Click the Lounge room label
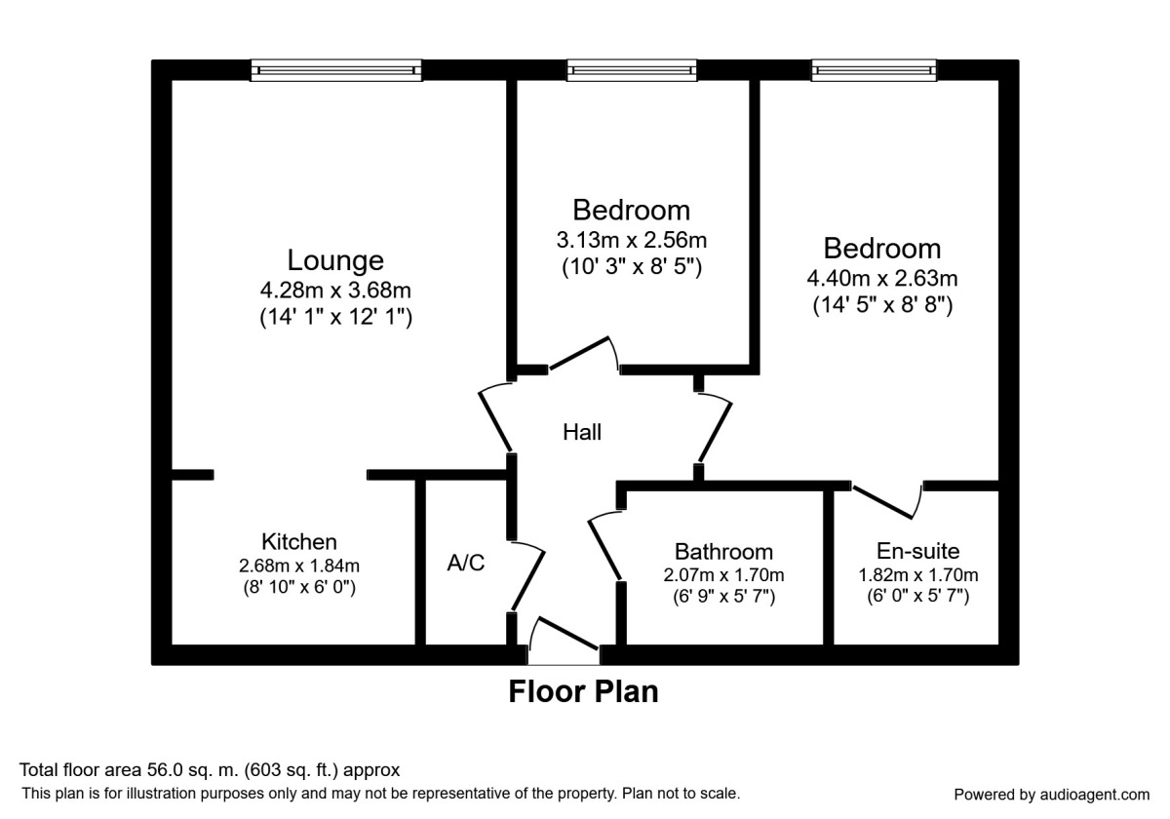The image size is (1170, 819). [334, 260]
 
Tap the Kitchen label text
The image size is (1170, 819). [298, 542]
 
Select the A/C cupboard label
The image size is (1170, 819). [465, 563]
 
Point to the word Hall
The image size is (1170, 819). [582, 432]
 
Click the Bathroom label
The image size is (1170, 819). [723, 552]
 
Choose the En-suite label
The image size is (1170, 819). [917, 551]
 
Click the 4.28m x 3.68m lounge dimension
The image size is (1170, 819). [334, 290]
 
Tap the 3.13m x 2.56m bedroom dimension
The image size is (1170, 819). [631, 240]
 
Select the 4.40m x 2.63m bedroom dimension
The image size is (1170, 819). [881, 279]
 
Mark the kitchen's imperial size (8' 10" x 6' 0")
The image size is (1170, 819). [298, 588]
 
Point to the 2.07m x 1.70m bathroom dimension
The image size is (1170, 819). [723, 574]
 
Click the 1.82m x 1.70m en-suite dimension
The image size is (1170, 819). [917, 574]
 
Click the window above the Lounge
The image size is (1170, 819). [335, 69]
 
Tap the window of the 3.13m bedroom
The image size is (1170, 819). [632, 69]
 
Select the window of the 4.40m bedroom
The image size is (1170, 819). [874, 69]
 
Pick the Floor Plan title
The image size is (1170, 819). [583, 691]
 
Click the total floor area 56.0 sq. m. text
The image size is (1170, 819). [211, 770]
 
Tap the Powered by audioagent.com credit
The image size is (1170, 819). [1051, 795]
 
